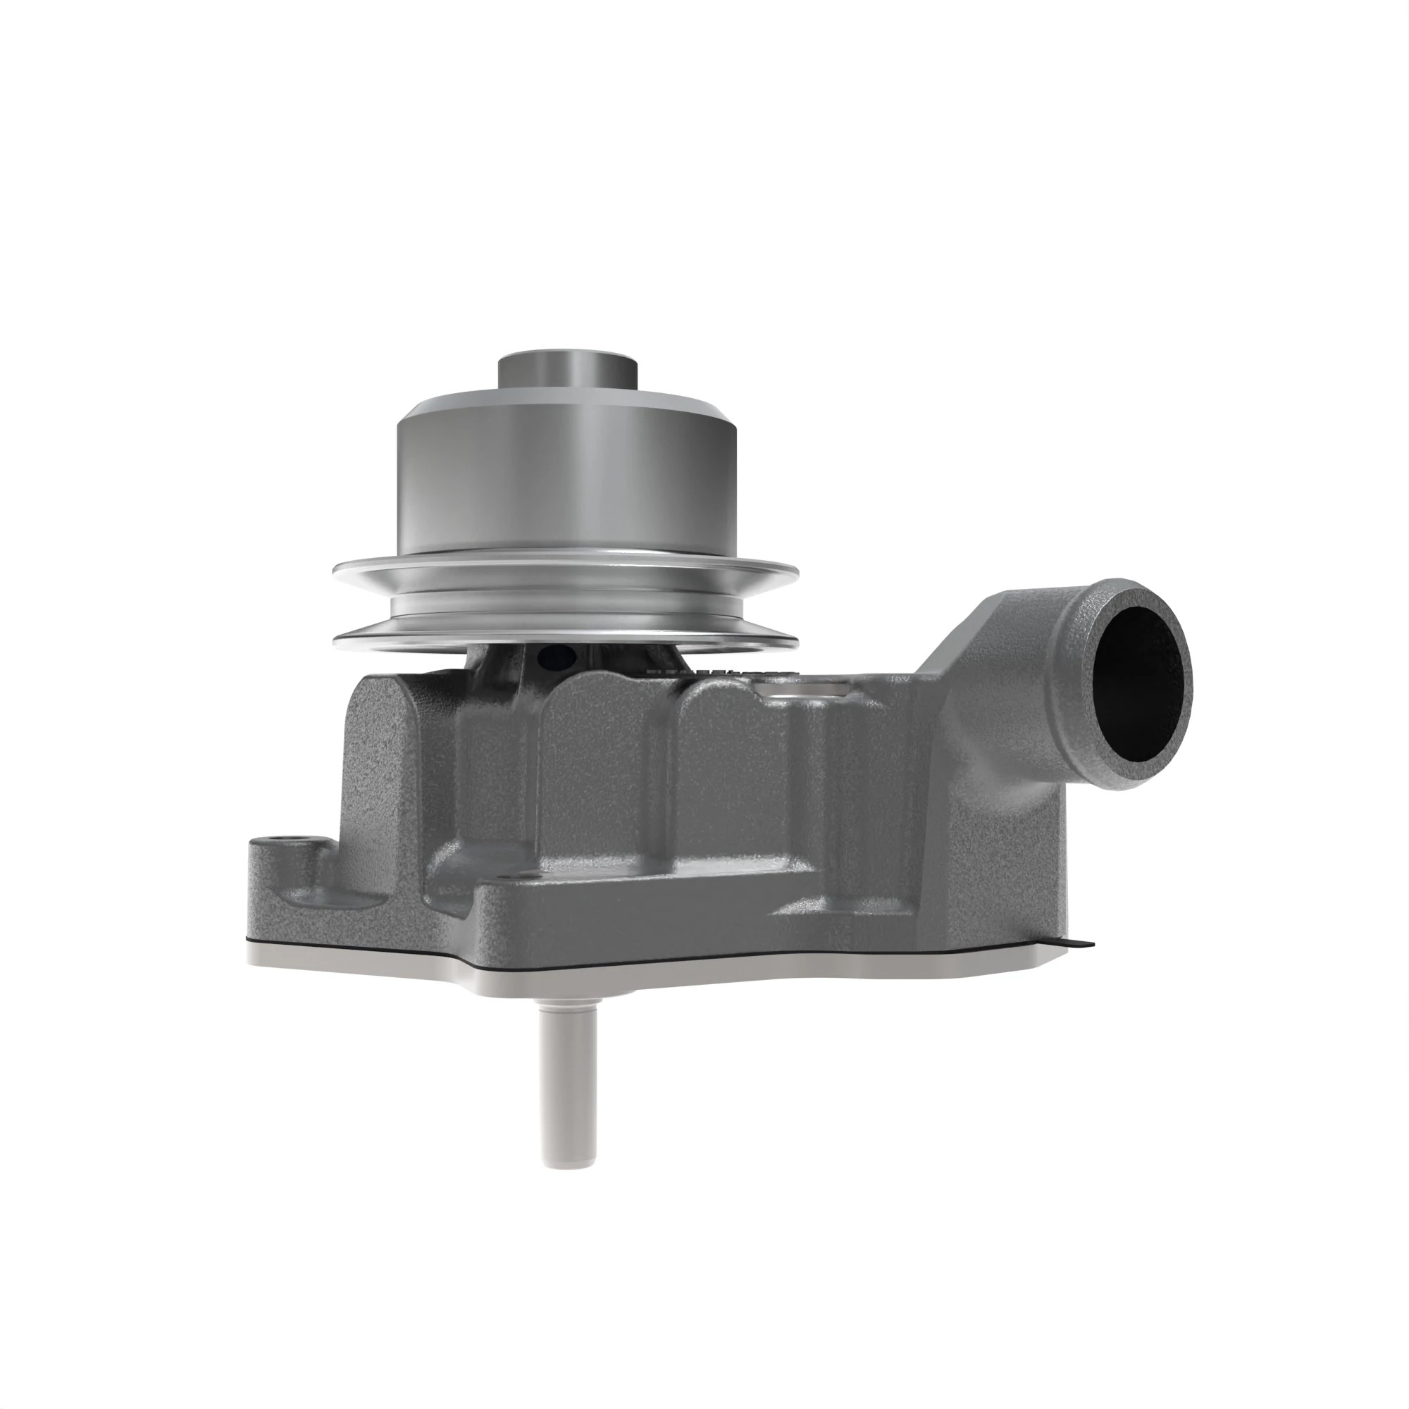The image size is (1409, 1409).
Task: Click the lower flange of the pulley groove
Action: (x=564, y=642)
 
